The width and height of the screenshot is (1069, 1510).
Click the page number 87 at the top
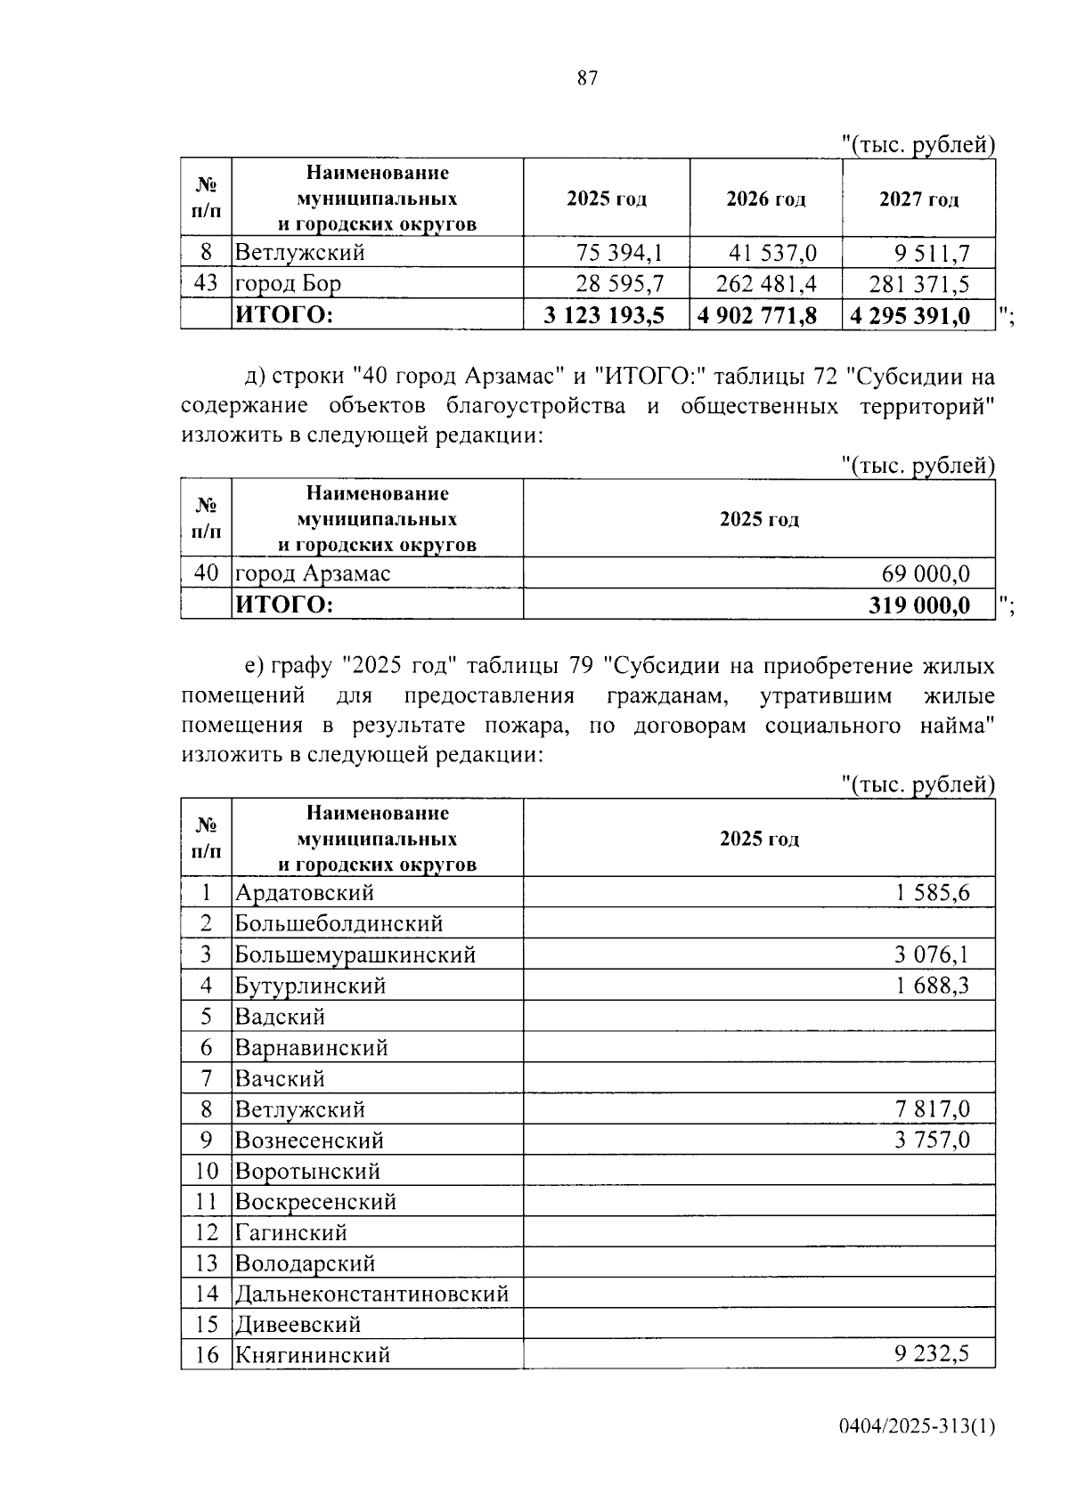[x=587, y=78]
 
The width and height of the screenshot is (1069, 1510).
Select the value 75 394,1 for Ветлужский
[x=620, y=253]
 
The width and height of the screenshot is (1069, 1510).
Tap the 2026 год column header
[x=765, y=199]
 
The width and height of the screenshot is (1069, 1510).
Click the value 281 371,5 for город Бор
[x=919, y=284]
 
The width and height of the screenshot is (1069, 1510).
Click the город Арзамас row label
[x=313, y=573]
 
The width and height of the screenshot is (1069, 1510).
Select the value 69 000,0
[x=926, y=573]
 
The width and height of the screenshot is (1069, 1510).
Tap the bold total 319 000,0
[x=919, y=605]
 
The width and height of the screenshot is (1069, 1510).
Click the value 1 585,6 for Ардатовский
[x=932, y=893]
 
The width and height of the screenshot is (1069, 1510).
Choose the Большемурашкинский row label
[x=355, y=955]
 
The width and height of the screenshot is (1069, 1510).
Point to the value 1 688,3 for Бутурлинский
[x=932, y=986]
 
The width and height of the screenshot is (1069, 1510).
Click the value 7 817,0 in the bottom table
[x=932, y=1109]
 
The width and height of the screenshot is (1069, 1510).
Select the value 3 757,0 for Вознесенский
[x=932, y=1141]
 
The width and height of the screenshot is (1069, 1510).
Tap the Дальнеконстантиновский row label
[x=372, y=1294]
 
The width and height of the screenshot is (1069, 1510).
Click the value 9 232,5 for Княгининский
[x=932, y=1355]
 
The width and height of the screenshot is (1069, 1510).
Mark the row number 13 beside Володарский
[x=206, y=1263]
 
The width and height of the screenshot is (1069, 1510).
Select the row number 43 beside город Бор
[x=206, y=284]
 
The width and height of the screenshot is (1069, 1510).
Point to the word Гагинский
[x=291, y=1233]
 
